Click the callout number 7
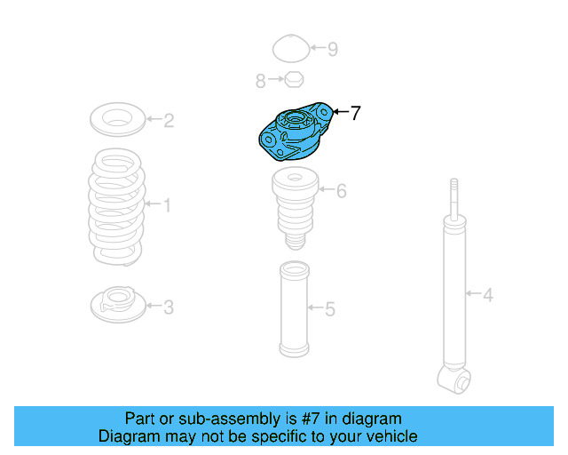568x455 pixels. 355,113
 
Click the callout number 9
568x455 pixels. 332,49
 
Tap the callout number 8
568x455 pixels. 261,82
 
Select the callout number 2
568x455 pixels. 169,120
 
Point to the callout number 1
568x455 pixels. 166,206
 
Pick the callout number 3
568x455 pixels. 168,307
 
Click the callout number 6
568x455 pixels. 341,190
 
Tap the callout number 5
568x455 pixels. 329,309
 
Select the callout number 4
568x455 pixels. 487,294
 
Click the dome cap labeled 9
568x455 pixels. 289,48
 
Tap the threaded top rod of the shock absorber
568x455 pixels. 454,197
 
